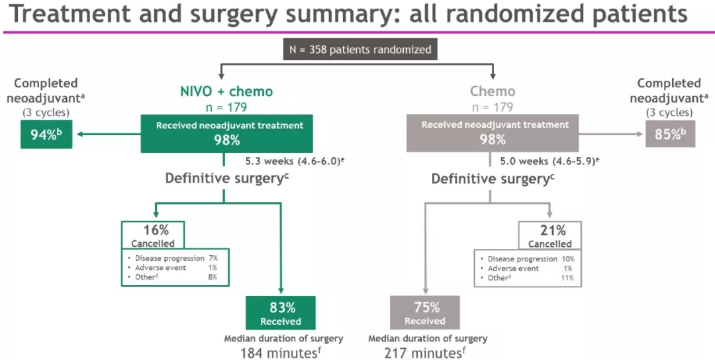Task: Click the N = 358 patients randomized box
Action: [360, 50]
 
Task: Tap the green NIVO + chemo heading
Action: [226, 91]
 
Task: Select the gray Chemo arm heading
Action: [493, 91]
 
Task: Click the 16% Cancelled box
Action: [153, 236]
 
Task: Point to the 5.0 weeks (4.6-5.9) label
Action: [553, 160]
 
